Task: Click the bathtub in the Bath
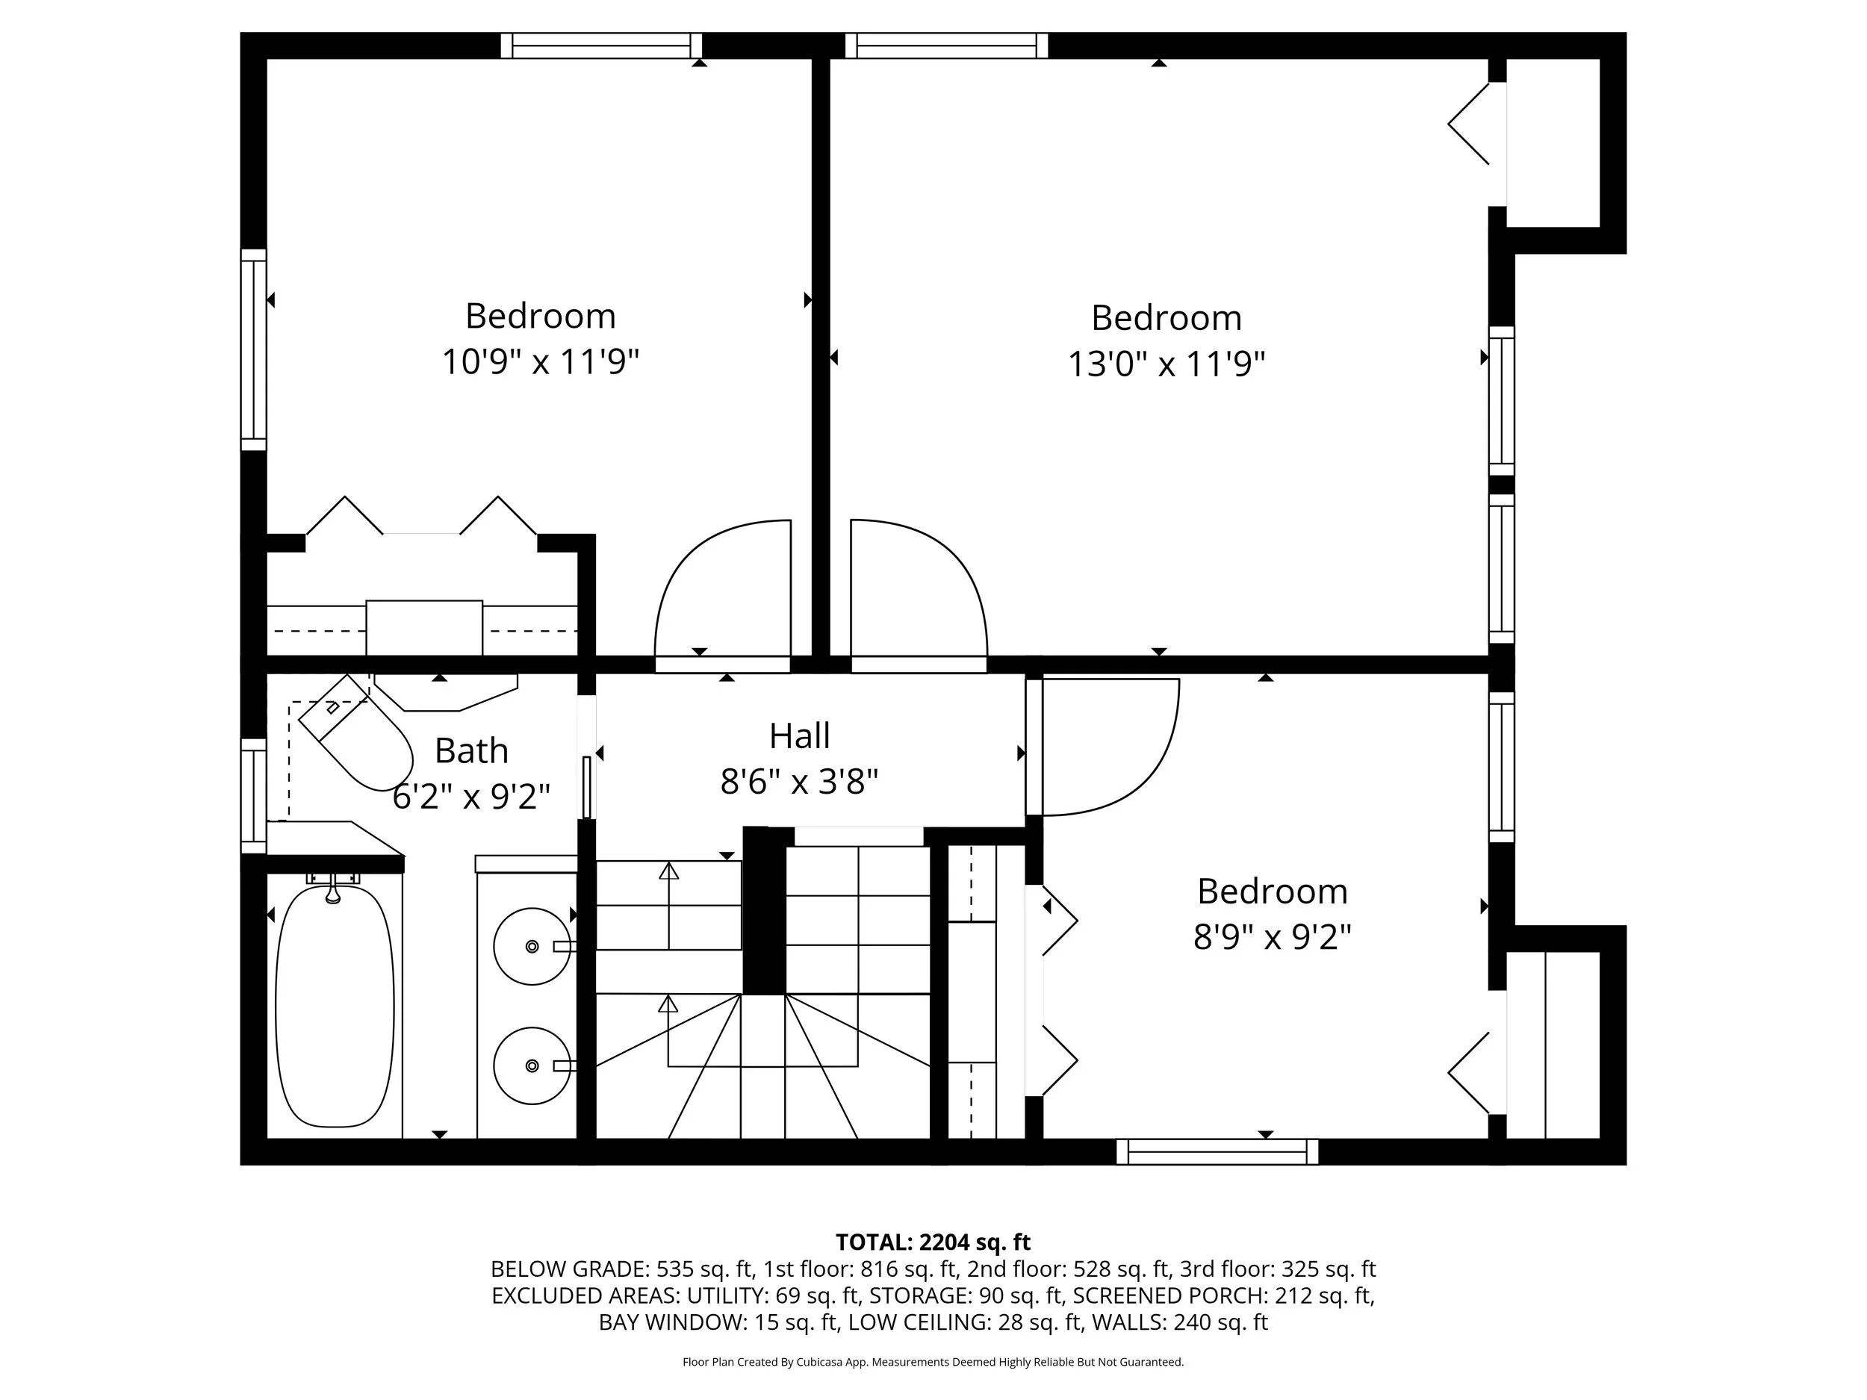click(x=335, y=1006)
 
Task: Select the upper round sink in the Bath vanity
click(x=531, y=946)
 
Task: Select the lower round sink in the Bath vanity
click(x=531, y=1065)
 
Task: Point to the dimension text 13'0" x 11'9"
click(x=1166, y=364)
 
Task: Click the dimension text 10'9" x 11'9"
click(x=540, y=362)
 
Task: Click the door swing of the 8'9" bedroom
click(x=1106, y=747)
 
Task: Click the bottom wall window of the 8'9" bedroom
click(x=1217, y=1152)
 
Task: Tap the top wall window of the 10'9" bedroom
click(x=601, y=46)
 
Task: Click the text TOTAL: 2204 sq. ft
click(x=933, y=1242)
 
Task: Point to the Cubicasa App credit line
click(x=933, y=1362)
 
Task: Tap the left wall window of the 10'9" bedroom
click(x=253, y=350)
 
